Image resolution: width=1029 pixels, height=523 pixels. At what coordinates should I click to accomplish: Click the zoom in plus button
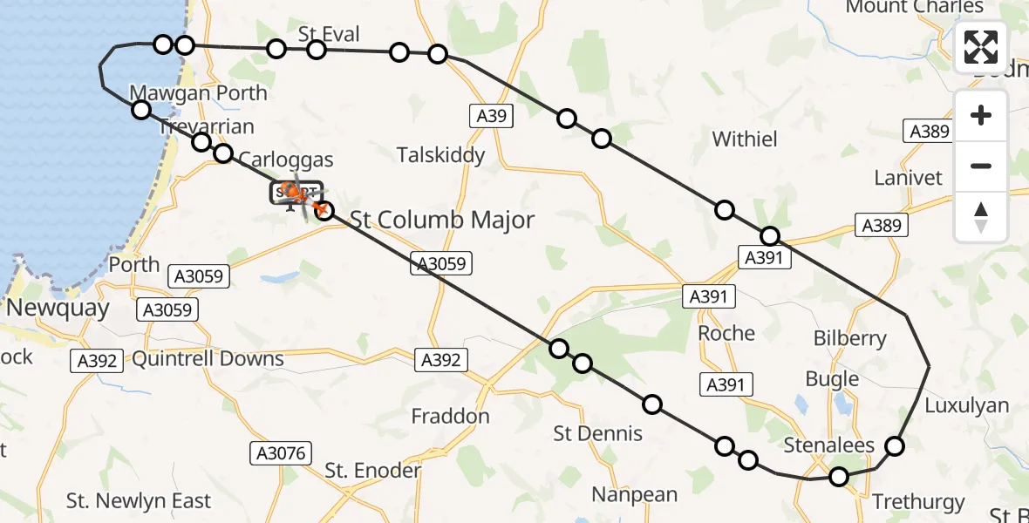click(x=981, y=116)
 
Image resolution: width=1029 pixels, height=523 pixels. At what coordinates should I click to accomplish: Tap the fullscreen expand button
click(x=981, y=47)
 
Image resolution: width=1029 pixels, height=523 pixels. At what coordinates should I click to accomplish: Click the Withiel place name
click(x=744, y=139)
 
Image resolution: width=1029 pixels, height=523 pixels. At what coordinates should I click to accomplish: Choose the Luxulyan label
click(x=966, y=405)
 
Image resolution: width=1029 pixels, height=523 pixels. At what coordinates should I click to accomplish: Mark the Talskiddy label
click(x=440, y=155)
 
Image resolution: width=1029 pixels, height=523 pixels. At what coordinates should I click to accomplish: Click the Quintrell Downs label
click(x=208, y=358)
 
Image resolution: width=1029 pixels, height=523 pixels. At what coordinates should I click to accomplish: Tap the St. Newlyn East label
click(x=139, y=501)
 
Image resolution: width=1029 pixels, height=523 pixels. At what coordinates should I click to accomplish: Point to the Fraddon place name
click(x=451, y=417)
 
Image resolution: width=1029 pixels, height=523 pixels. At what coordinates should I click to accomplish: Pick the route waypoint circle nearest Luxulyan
click(x=895, y=446)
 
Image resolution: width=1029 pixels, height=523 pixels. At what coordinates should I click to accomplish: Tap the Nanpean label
click(x=634, y=495)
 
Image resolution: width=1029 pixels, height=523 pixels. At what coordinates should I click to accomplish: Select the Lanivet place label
click(x=908, y=178)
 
